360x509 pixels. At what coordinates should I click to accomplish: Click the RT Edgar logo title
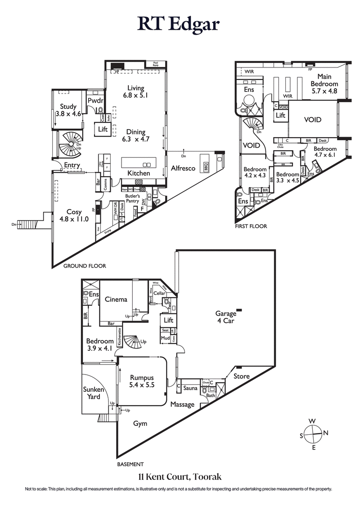179,24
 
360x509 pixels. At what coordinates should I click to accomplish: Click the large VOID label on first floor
313,120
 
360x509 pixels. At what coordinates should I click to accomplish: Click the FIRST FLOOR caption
251,226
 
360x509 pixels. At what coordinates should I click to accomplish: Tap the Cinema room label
116,299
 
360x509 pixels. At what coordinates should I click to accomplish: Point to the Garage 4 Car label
225,317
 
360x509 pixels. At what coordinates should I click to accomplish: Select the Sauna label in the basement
190,387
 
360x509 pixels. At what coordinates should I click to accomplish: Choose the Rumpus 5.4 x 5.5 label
142,382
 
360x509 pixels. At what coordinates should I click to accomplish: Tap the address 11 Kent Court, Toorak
180,476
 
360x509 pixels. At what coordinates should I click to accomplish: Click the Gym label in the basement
140,424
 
